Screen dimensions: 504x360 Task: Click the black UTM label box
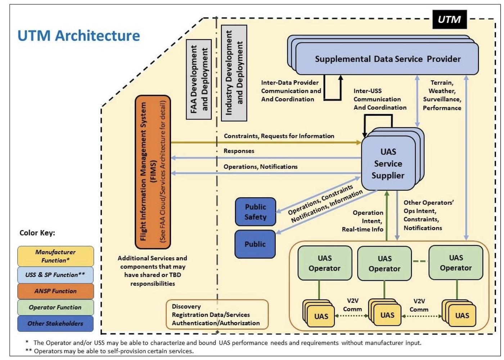click(x=450, y=19)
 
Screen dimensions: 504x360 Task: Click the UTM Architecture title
click(x=79, y=36)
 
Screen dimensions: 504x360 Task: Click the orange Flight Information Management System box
click(x=153, y=172)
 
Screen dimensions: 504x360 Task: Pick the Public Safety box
click(x=255, y=212)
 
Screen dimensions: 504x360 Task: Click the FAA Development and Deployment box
click(x=199, y=80)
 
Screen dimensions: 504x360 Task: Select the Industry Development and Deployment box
click(x=234, y=73)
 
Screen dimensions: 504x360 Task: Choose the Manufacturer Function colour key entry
click(x=55, y=256)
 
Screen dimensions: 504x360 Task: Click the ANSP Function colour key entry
click(x=55, y=291)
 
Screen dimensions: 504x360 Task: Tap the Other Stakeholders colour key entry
click(x=55, y=324)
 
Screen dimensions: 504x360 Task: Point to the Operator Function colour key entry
click(x=55, y=307)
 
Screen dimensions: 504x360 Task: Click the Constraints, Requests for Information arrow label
click(x=279, y=136)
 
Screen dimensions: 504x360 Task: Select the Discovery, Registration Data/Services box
click(x=217, y=315)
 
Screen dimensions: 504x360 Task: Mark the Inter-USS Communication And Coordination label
click(x=380, y=99)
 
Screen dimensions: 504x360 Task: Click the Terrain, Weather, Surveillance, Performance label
click(x=442, y=95)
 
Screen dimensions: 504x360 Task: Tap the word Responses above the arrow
click(x=239, y=151)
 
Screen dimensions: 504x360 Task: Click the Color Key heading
click(x=37, y=233)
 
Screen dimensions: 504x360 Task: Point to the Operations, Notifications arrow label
click(x=261, y=167)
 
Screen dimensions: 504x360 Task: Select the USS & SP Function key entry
click(x=55, y=275)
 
